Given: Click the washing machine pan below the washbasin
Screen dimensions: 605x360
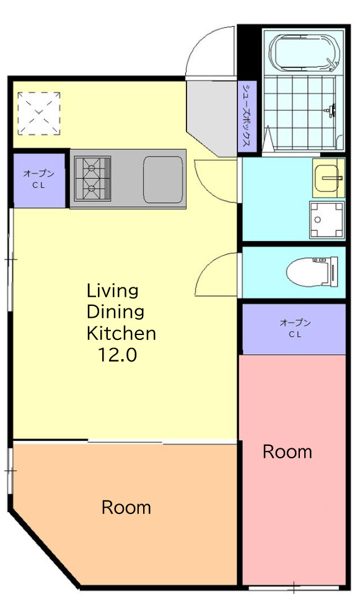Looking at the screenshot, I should pyautogui.click(x=326, y=219).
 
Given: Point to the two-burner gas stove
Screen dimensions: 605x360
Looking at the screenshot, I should pyautogui.click(x=92, y=178).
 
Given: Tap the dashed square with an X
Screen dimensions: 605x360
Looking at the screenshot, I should pyautogui.click(x=39, y=113).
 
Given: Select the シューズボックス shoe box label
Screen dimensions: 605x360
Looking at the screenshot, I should pyautogui.click(x=246, y=116).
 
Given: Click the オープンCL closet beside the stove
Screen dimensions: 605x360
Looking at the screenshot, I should pyautogui.click(x=38, y=180).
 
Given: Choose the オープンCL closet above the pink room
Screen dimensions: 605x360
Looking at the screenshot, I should pyautogui.click(x=294, y=328).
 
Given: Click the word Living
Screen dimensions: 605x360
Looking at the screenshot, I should pyautogui.click(x=112, y=290).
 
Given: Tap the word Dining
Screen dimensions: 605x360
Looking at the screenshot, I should pyautogui.click(x=115, y=311).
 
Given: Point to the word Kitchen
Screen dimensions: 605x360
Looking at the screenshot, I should pyautogui.click(x=121, y=333).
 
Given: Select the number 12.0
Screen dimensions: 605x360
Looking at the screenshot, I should pyautogui.click(x=116, y=355).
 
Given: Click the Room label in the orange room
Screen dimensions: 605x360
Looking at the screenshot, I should pyautogui.click(x=126, y=508).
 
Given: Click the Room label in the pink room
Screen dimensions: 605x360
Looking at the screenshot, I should pyautogui.click(x=287, y=452).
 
